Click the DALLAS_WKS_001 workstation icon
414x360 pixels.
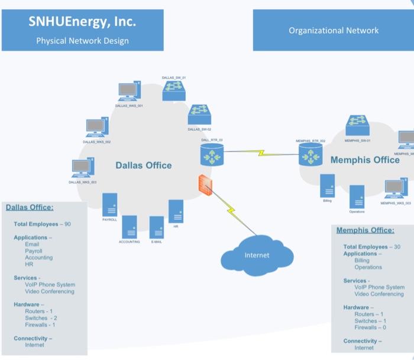tap(129, 91)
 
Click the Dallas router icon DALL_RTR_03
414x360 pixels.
tap(212, 155)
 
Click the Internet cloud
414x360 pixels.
tap(257, 255)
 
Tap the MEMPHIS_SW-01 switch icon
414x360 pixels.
tap(358, 126)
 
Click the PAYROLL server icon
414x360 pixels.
tap(109, 205)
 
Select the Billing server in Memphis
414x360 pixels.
tap(327, 186)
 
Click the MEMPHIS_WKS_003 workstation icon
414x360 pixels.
tap(396, 188)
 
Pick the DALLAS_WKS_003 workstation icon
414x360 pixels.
tap(83, 168)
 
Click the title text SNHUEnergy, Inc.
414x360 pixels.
tap(82, 22)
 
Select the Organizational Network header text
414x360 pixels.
tap(334, 30)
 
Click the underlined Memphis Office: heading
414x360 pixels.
tap(365, 230)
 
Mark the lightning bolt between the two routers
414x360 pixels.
tap(261, 153)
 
